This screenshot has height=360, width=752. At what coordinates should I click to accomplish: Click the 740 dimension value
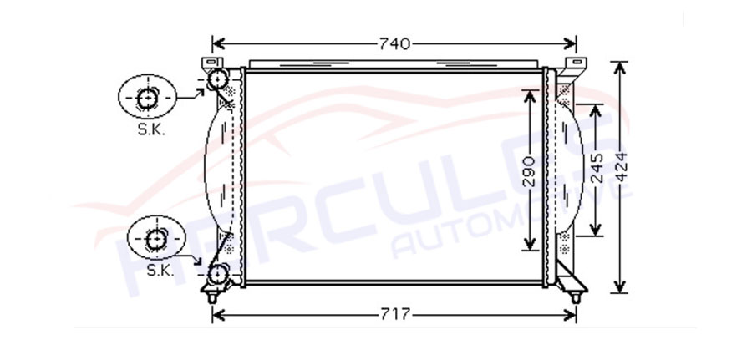[394, 44]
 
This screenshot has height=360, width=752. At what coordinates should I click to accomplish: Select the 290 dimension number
[529, 171]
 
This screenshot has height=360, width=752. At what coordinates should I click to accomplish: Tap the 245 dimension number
[596, 168]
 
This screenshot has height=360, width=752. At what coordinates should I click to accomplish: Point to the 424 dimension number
[621, 167]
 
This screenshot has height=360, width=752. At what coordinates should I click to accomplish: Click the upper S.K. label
[151, 130]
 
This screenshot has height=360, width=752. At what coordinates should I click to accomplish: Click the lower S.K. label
[160, 271]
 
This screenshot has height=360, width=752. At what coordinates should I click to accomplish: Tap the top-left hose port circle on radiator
[218, 79]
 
